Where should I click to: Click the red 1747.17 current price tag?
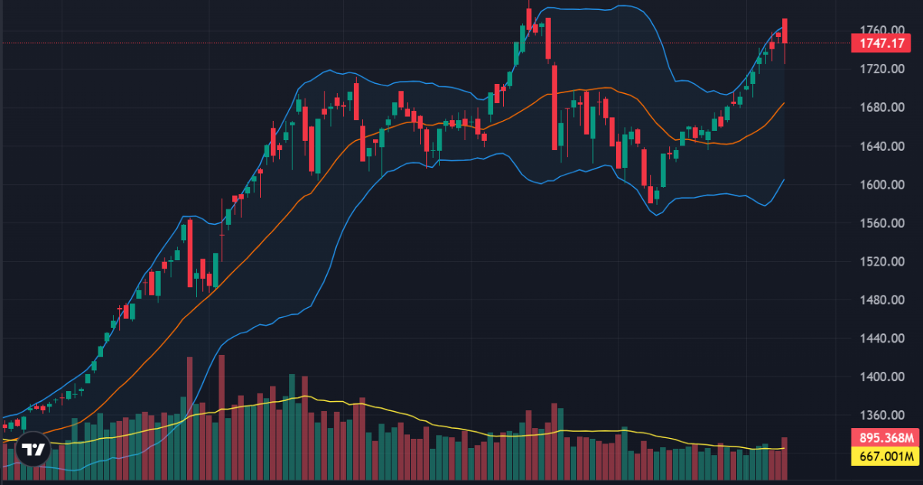[x=881, y=43]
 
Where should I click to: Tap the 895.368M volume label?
[x=886, y=438]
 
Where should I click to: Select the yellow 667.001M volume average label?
[x=886, y=457]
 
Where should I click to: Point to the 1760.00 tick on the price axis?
[x=881, y=31]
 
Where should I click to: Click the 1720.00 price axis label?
[x=881, y=69]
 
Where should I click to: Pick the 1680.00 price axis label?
[x=881, y=108]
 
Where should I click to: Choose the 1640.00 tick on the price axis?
[x=881, y=146]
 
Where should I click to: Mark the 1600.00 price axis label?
[x=881, y=185]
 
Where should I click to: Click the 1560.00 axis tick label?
[x=881, y=223]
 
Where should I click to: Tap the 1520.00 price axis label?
[x=881, y=262]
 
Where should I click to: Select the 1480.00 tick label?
[x=881, y=300]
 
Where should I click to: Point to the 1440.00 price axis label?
[x=881, y=339]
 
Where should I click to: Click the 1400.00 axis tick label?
[x=881, y=377]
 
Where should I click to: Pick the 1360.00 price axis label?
[x=881, y=416]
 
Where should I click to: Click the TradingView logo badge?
[x=32, y=451]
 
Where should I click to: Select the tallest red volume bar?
[x=222, y=416]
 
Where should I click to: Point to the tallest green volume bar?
[x=292, y=423]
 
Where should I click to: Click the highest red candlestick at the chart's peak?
[x=529, y=19]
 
